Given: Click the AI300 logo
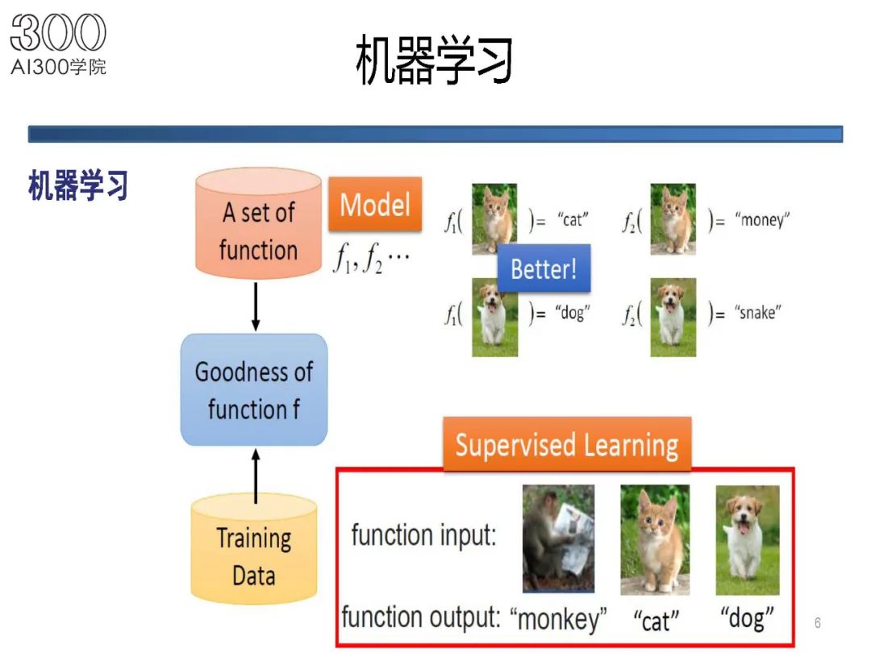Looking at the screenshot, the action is pyautogui.click(x=58, y=44).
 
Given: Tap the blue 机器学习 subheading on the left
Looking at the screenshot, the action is pyautogui.click(x=78, y=185).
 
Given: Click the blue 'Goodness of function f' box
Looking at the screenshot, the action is pyautogui.click(x=254, y=390).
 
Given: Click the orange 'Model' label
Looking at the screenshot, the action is pyautogui.click(x=375, y=205).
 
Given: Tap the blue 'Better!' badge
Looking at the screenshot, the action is pyautogui.click(x=544, y=268).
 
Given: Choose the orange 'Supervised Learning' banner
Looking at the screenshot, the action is pyautogui.click(x=566, y=445).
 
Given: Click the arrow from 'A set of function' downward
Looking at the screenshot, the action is pyautogui.click(x=256, y=306).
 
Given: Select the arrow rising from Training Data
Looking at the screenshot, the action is pyautogui.click(x=256, y=477).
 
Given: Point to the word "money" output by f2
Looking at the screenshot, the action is pyautogui.click(x=763, y=219).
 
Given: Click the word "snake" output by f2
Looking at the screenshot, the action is pyautogui.click(x=758, y=314).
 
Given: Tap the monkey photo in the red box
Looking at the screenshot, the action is pyautogui.click(x=558, y=538).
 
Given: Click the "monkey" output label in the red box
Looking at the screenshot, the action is pyautogui.click(x=558, y=619).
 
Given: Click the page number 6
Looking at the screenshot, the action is pyautogui.click(x=818, y=623).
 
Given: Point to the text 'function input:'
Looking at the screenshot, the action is pyautogui.click(x=423, y=534).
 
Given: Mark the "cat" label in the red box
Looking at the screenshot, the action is pyautogui.click(x=656, y=621).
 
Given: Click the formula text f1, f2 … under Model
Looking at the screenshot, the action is pyautogui.click(x=372, y=259).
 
